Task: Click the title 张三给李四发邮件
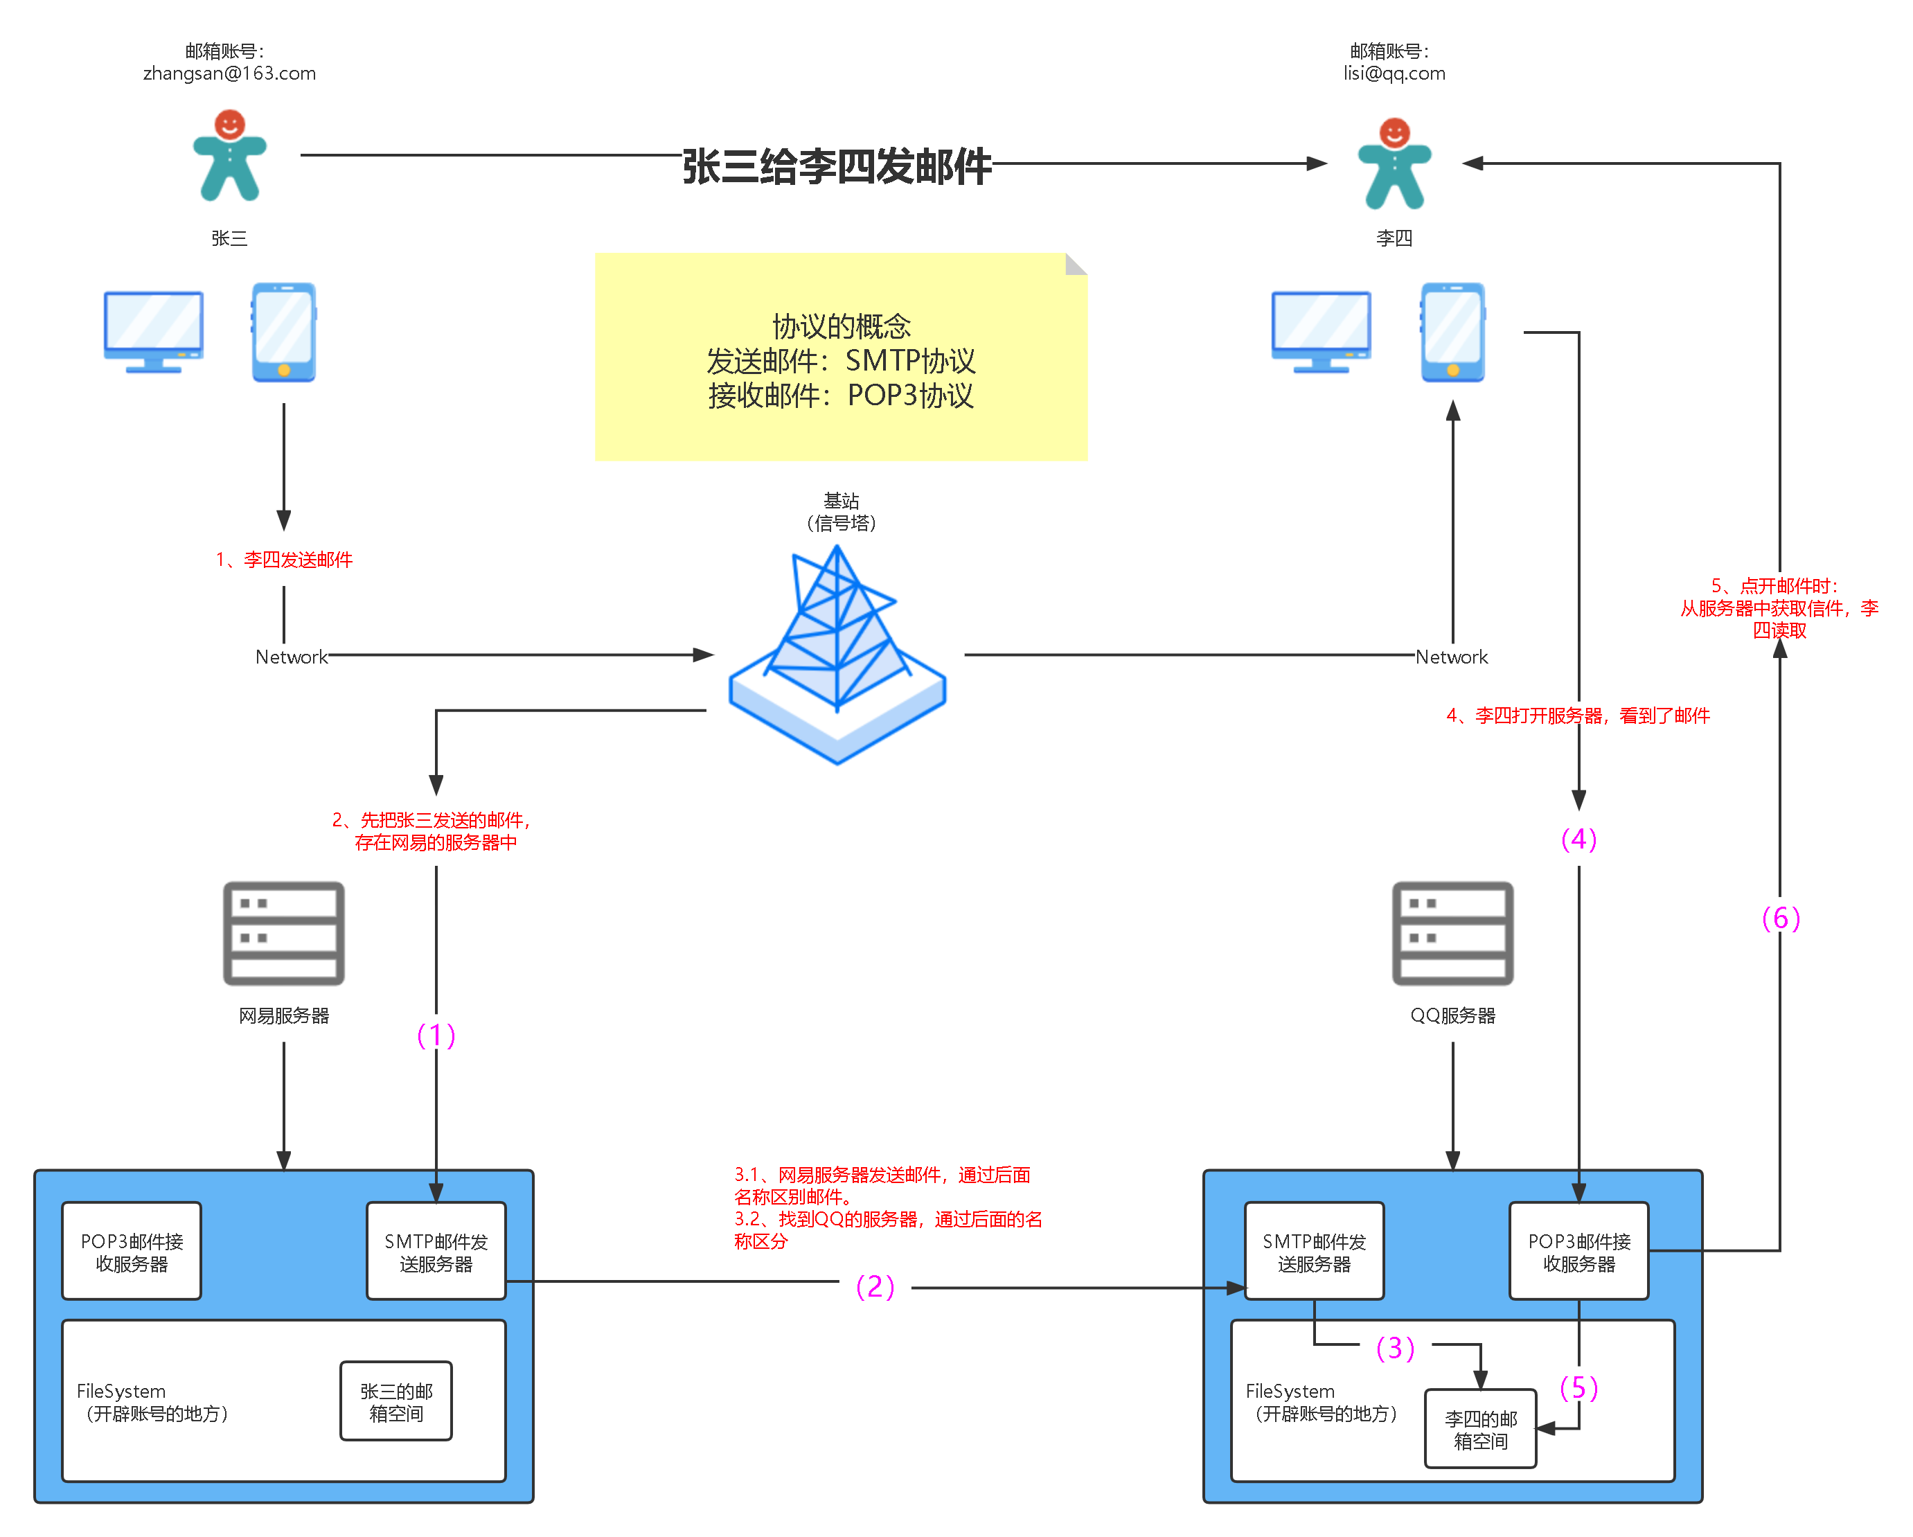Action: point(836,164)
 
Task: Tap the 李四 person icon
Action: point(1394,164)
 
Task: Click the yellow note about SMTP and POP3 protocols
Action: point(840,357)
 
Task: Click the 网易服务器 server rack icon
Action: point(283,933)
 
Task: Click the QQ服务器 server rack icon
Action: point(1452,933)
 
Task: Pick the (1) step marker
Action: point(436,1033)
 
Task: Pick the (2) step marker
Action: point(874,1285)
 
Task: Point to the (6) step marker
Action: point(1781,916)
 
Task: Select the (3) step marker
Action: point(1395,1347)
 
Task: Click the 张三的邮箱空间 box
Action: point(395,1401)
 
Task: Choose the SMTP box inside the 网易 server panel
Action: point(436,1251)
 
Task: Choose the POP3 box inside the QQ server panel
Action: point(1578,1251)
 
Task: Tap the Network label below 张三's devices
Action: point(291,656)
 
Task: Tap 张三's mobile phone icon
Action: point(284,332)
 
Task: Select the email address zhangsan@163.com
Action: point(229,73)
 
